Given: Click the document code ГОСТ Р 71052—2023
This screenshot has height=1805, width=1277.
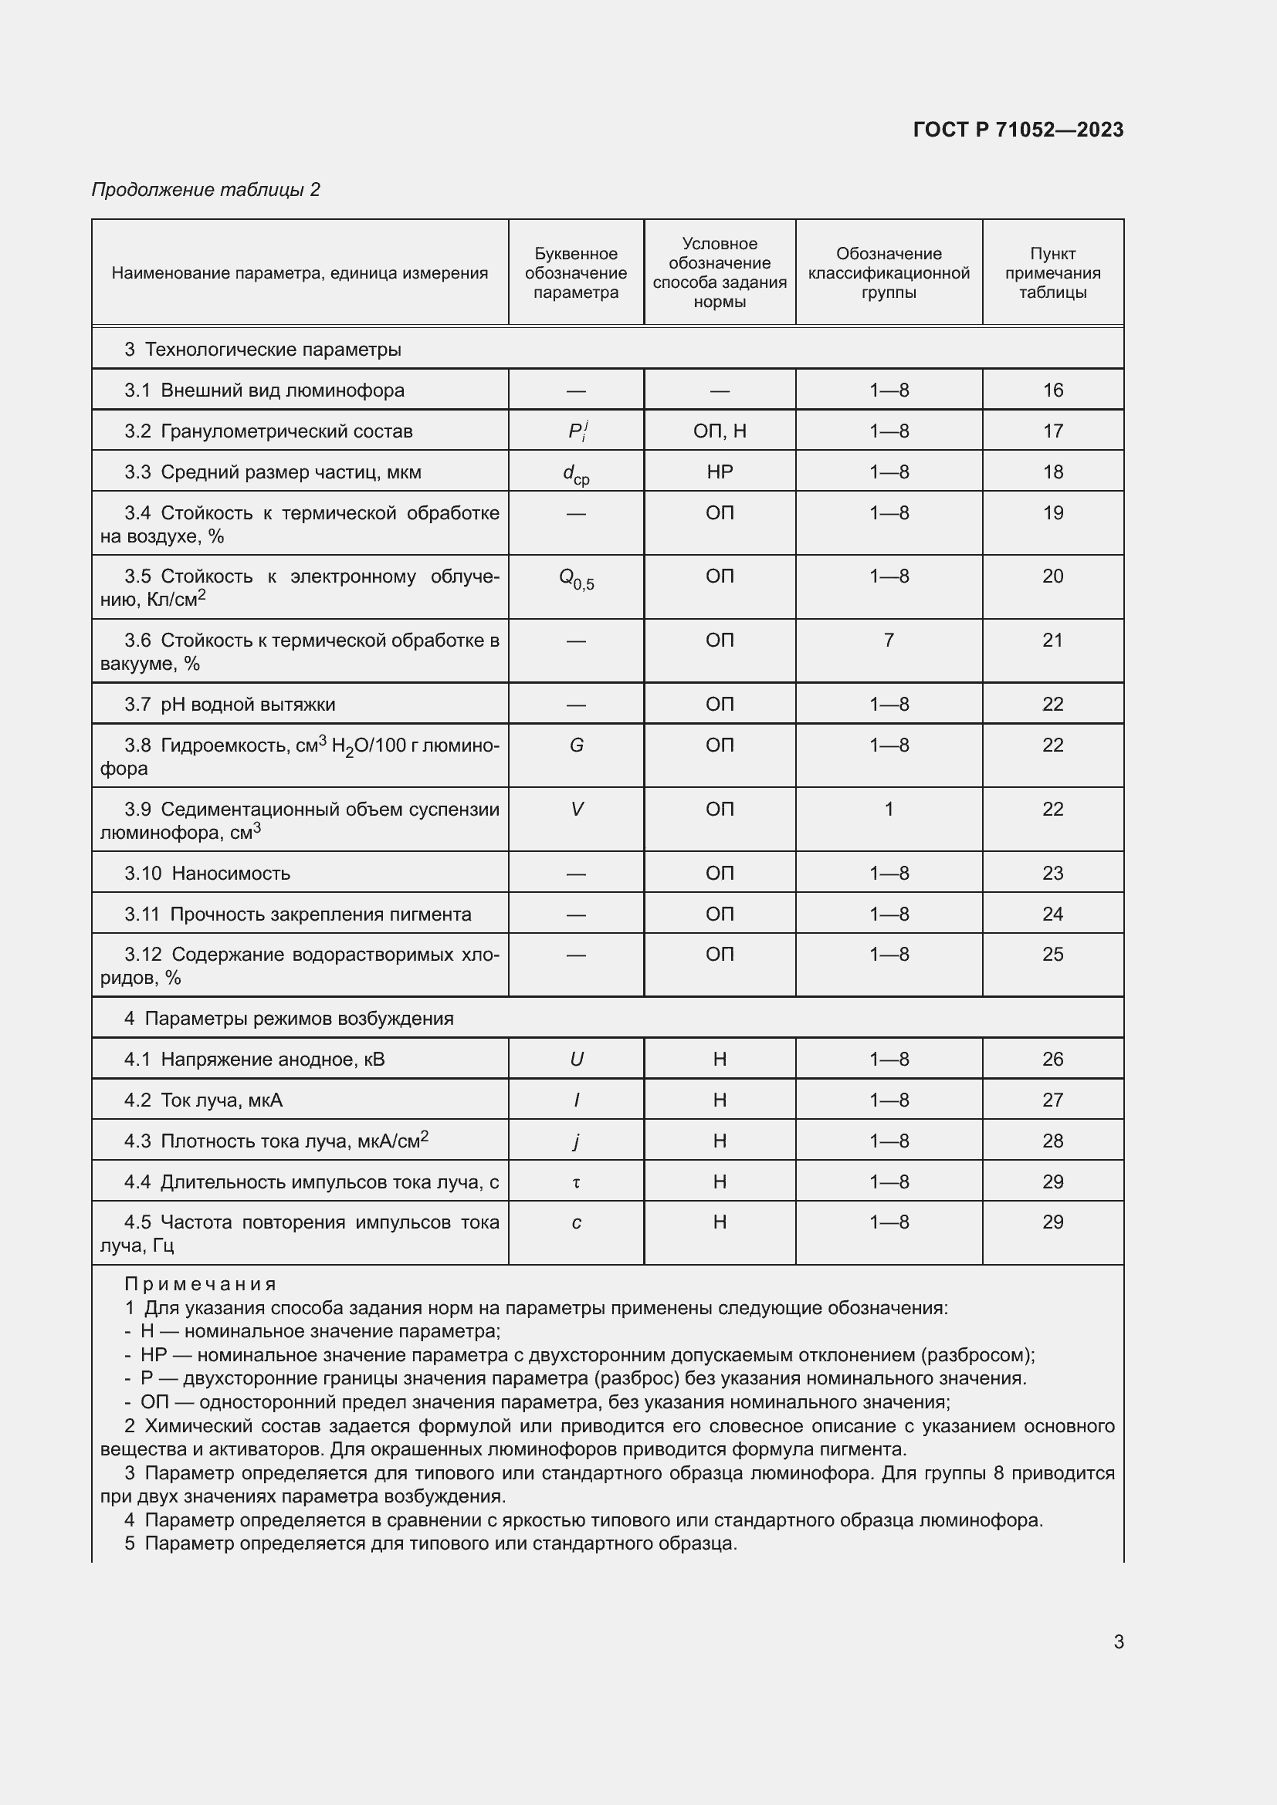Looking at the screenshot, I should [x=1018, y=130].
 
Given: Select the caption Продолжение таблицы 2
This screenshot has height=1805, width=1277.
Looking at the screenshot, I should [x=205, y=190].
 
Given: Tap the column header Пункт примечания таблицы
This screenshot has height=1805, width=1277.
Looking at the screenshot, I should [x=1052, y=272].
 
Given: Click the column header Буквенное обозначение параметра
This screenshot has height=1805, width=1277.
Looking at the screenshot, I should [x=576, y=272].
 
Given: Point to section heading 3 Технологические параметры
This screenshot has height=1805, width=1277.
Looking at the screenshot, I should [x=263, y=349].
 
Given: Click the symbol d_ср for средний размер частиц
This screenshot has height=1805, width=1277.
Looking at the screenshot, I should [x=576, y=473].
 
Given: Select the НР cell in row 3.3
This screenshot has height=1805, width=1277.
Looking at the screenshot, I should [x=719, y=472].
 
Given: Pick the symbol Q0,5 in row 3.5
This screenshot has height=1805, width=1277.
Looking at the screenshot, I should [x=576, y=579].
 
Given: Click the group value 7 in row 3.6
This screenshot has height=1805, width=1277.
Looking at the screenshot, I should [x=889, y=640].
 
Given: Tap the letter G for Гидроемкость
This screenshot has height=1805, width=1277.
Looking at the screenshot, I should [x=576, y=745].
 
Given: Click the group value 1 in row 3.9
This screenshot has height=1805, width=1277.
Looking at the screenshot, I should [x=889, y=809].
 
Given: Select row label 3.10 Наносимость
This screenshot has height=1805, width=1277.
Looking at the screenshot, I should [x=208, y=874].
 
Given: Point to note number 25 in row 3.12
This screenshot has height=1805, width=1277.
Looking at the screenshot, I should [x=1052, y=955].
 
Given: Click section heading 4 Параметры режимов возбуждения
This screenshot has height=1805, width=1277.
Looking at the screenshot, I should [x=289, y=1018].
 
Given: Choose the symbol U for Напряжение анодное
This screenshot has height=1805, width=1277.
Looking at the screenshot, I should [x=576, y=1059].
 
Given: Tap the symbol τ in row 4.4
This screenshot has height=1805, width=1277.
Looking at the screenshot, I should [x=576, y=1182].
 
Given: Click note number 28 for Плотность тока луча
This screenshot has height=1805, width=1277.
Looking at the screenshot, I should [x=1052, y=1141].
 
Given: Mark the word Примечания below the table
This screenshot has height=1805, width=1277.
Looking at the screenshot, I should [x=201, y=1285].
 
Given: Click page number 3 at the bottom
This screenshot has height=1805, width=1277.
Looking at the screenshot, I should [x=1118, y=1641].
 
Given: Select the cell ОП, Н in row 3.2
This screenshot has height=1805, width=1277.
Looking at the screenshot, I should [x=719, y=431].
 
